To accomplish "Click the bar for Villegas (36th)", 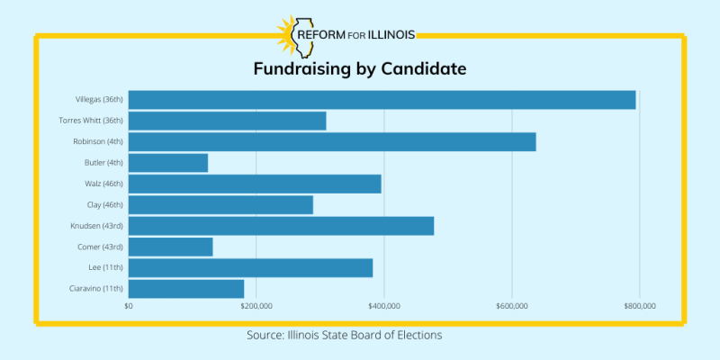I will point(382,100).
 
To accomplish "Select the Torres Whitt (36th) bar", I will point(228,121).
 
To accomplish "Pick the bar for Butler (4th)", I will point(168,163).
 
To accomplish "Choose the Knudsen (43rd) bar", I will point(281,226).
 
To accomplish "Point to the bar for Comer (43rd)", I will point(171,247).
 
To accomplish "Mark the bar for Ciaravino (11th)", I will point(186,289).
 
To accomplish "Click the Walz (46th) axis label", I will point(103,184).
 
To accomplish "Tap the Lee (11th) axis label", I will point(107,267).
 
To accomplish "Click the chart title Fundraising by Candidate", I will point(359,69).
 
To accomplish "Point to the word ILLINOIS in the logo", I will point(385,35).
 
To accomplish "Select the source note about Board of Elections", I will point(345,335).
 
